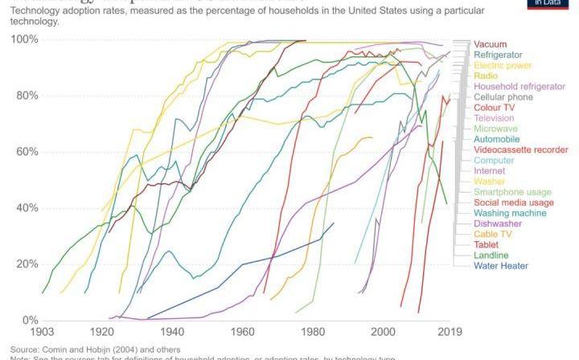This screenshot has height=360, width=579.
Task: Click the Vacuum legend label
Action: [490, 44]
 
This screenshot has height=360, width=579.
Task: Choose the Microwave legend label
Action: [495, 129]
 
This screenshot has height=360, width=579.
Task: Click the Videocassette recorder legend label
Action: [521, 149]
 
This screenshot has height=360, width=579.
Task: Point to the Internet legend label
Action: [490, 170]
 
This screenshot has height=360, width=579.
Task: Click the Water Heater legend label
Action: [501, 265]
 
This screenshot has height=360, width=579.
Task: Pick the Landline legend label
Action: [491, 255]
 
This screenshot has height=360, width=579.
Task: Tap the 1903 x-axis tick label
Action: [42, 332]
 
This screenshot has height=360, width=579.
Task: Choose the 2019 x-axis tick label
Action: [449, 332]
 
